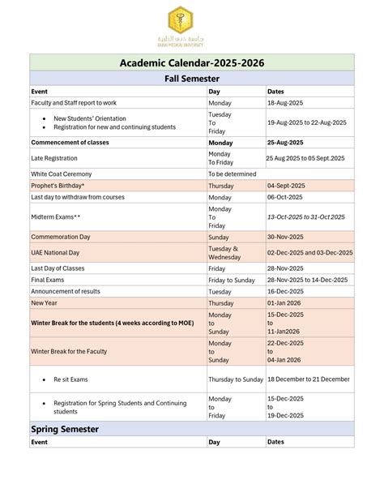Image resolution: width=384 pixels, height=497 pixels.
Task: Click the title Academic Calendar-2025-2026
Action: point(192,62)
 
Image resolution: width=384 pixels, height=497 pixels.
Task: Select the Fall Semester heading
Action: point(192,79)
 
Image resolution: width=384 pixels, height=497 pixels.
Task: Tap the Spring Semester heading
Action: point(65,428)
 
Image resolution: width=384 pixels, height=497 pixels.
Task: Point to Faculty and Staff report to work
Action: point(74,103)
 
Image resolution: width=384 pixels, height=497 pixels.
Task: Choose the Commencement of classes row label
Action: point(70,142)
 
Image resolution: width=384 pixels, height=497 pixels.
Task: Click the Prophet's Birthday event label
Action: point(58,186)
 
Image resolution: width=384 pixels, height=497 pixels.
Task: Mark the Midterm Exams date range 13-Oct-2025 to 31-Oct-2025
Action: point(306,217)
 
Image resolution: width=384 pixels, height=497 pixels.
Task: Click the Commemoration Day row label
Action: point(61,237)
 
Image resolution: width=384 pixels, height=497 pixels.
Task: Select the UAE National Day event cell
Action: point(55,253)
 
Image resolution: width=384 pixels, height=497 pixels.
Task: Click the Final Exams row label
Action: point(48,280)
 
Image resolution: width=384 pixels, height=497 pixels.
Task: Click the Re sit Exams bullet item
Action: point(70,379)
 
